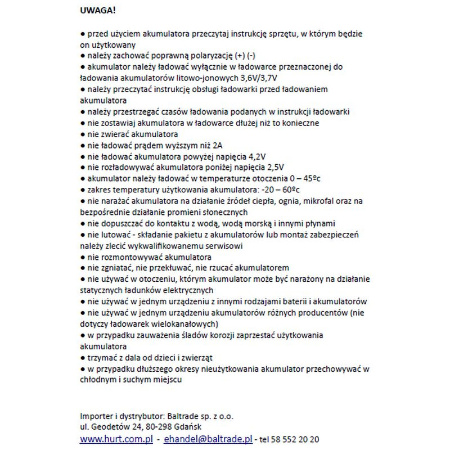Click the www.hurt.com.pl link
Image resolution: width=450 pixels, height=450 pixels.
pyautogui.click(x=116, y=439)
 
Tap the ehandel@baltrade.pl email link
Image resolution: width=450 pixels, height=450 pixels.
pyautogui.click(x=208, y=439)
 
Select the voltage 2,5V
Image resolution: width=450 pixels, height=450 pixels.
pyautogui.click(x=273, y=167)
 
